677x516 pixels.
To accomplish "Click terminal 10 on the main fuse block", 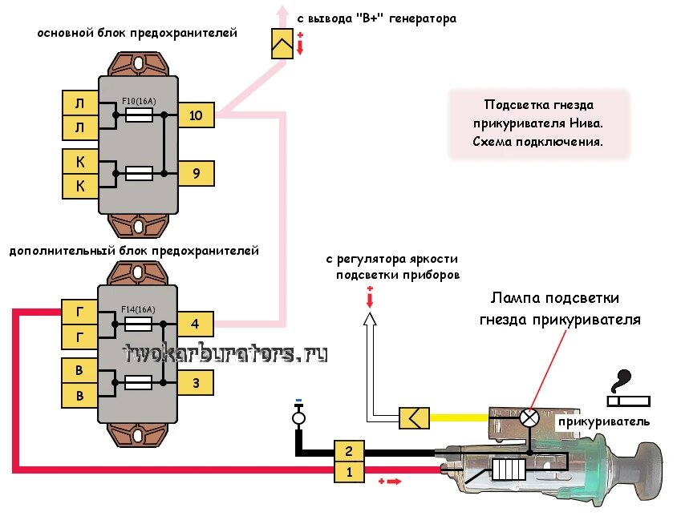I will [196, 115].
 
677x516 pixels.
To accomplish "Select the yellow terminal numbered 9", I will [196, 172].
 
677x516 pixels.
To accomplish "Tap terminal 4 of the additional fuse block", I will [195, 325].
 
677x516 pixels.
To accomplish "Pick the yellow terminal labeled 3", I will [195, 382].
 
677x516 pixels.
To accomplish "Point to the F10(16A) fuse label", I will [138, 102].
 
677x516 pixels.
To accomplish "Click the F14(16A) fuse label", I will [138, 310].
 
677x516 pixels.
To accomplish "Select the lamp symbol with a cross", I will [529, 417].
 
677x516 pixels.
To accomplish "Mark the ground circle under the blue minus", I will [298, 418].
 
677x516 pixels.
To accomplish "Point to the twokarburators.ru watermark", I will [225, 353].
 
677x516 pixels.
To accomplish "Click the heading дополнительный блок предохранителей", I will [133, 251].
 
